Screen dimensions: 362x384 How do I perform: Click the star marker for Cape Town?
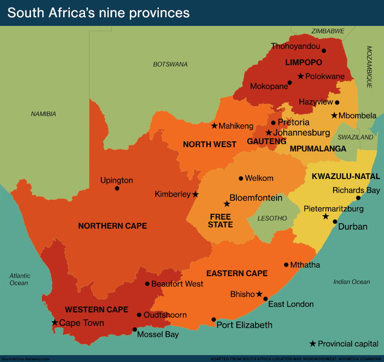pyautogui.click(x=54, y=322)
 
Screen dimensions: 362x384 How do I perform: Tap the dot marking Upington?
pyautogui.click(x=117, y=188)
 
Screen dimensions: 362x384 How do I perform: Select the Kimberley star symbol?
pyautogui.click(x=195, y=195)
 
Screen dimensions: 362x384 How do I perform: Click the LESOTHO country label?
pyautogui.click(x=272, y=218)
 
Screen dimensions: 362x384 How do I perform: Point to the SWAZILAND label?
pyautogui.click(x=355, y=137)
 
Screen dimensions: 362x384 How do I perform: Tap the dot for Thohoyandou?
pyautogui.click(x=324, y=50)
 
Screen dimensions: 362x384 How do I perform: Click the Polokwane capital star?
pyautogui.click(x=301, y=76)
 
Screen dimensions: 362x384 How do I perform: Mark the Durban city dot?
pyautogui.click(x=335, y=221)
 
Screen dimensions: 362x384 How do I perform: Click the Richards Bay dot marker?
pyautogui.click(x=358, y=198)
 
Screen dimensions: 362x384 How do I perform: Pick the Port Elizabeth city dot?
pyautogui.click(x=214, y=319)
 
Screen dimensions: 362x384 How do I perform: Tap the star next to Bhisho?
pyautogui.click(x=259, y=294)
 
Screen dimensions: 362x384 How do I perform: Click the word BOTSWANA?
pyautogui.click(x=170, y=64)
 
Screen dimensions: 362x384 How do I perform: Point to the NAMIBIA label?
pyautogui.click(x=44, y=114)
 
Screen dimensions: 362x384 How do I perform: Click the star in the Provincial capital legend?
pyautogui.click(x=313, y=343)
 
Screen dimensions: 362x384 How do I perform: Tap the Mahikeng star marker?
pyautogui.click(x=214, y=126)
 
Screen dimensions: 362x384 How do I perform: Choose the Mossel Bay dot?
pyautogui.click(x=135, y=329)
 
